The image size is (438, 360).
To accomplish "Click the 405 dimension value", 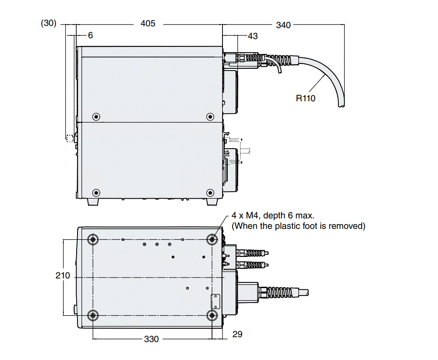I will point(148,24).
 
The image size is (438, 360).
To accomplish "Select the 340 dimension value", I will point(283,25).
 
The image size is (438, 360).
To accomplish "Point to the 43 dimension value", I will point(253,36).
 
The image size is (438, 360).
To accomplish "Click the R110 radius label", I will point(306,98).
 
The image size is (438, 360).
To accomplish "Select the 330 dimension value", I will point(152,339).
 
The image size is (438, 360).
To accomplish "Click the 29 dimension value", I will point(237,334).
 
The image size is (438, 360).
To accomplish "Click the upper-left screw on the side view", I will point(96,116).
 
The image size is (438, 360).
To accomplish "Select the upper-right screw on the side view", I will point(210,116).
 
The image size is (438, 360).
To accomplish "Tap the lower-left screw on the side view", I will point(96,192).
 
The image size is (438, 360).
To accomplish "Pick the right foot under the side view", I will point(212,202).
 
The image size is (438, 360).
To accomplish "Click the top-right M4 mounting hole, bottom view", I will point(212,239).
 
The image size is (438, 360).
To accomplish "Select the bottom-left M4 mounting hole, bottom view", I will point(93,315).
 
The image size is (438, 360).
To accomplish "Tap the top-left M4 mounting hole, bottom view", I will point(93,239).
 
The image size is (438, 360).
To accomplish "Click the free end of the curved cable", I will point(340,106).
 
